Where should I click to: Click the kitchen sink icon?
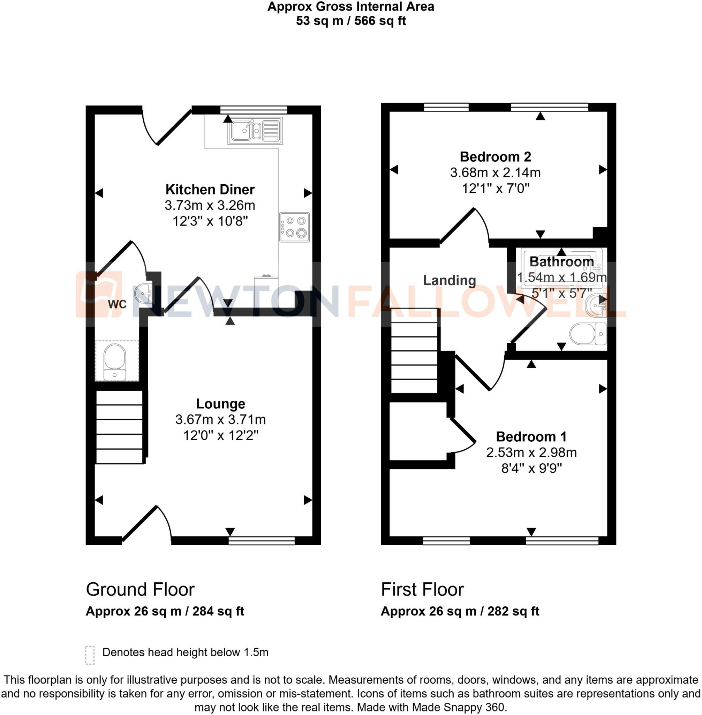[x=255, y=131]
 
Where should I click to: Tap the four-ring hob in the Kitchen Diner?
[x=294, y=227]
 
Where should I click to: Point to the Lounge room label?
[x=220, y=404]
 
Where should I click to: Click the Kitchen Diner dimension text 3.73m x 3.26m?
[x=210, y=205]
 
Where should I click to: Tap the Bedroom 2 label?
[x=495, y=157]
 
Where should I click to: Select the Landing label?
[x=450, y=281]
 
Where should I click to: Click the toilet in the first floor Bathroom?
[x=588, y=334]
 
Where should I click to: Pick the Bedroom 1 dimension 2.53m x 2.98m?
[x=531, y=452]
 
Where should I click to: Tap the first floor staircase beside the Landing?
[x=414, y=351]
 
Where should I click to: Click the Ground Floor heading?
[x=140, y=590]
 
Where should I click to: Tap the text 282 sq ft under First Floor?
[x=513, y=612]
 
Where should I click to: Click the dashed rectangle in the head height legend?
[x=90, y=655]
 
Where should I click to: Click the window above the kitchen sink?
[x=254, y=110]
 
